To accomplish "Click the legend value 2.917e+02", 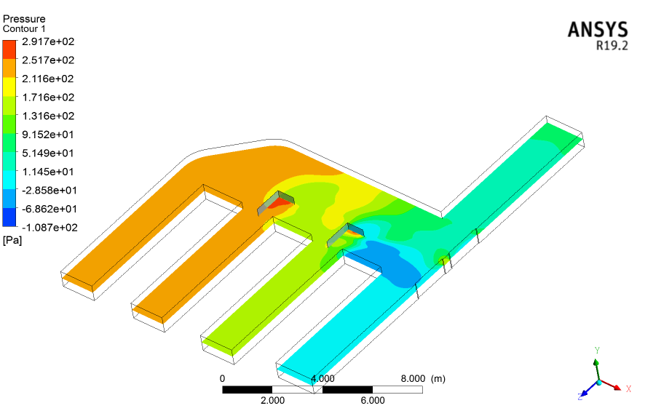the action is pos(48,41).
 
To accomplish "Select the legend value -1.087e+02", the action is pos(50,228).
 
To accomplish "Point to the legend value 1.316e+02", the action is pos(48,116).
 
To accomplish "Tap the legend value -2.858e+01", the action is pos(50,191).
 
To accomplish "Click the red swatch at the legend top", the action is pos(9,49).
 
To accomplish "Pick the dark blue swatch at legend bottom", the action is pos(9,217).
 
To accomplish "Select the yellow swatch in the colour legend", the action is pos(9,87).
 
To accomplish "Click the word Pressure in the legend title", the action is pos(24,19).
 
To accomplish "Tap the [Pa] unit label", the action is pos(12,240).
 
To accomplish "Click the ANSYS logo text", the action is pos(598,30).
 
